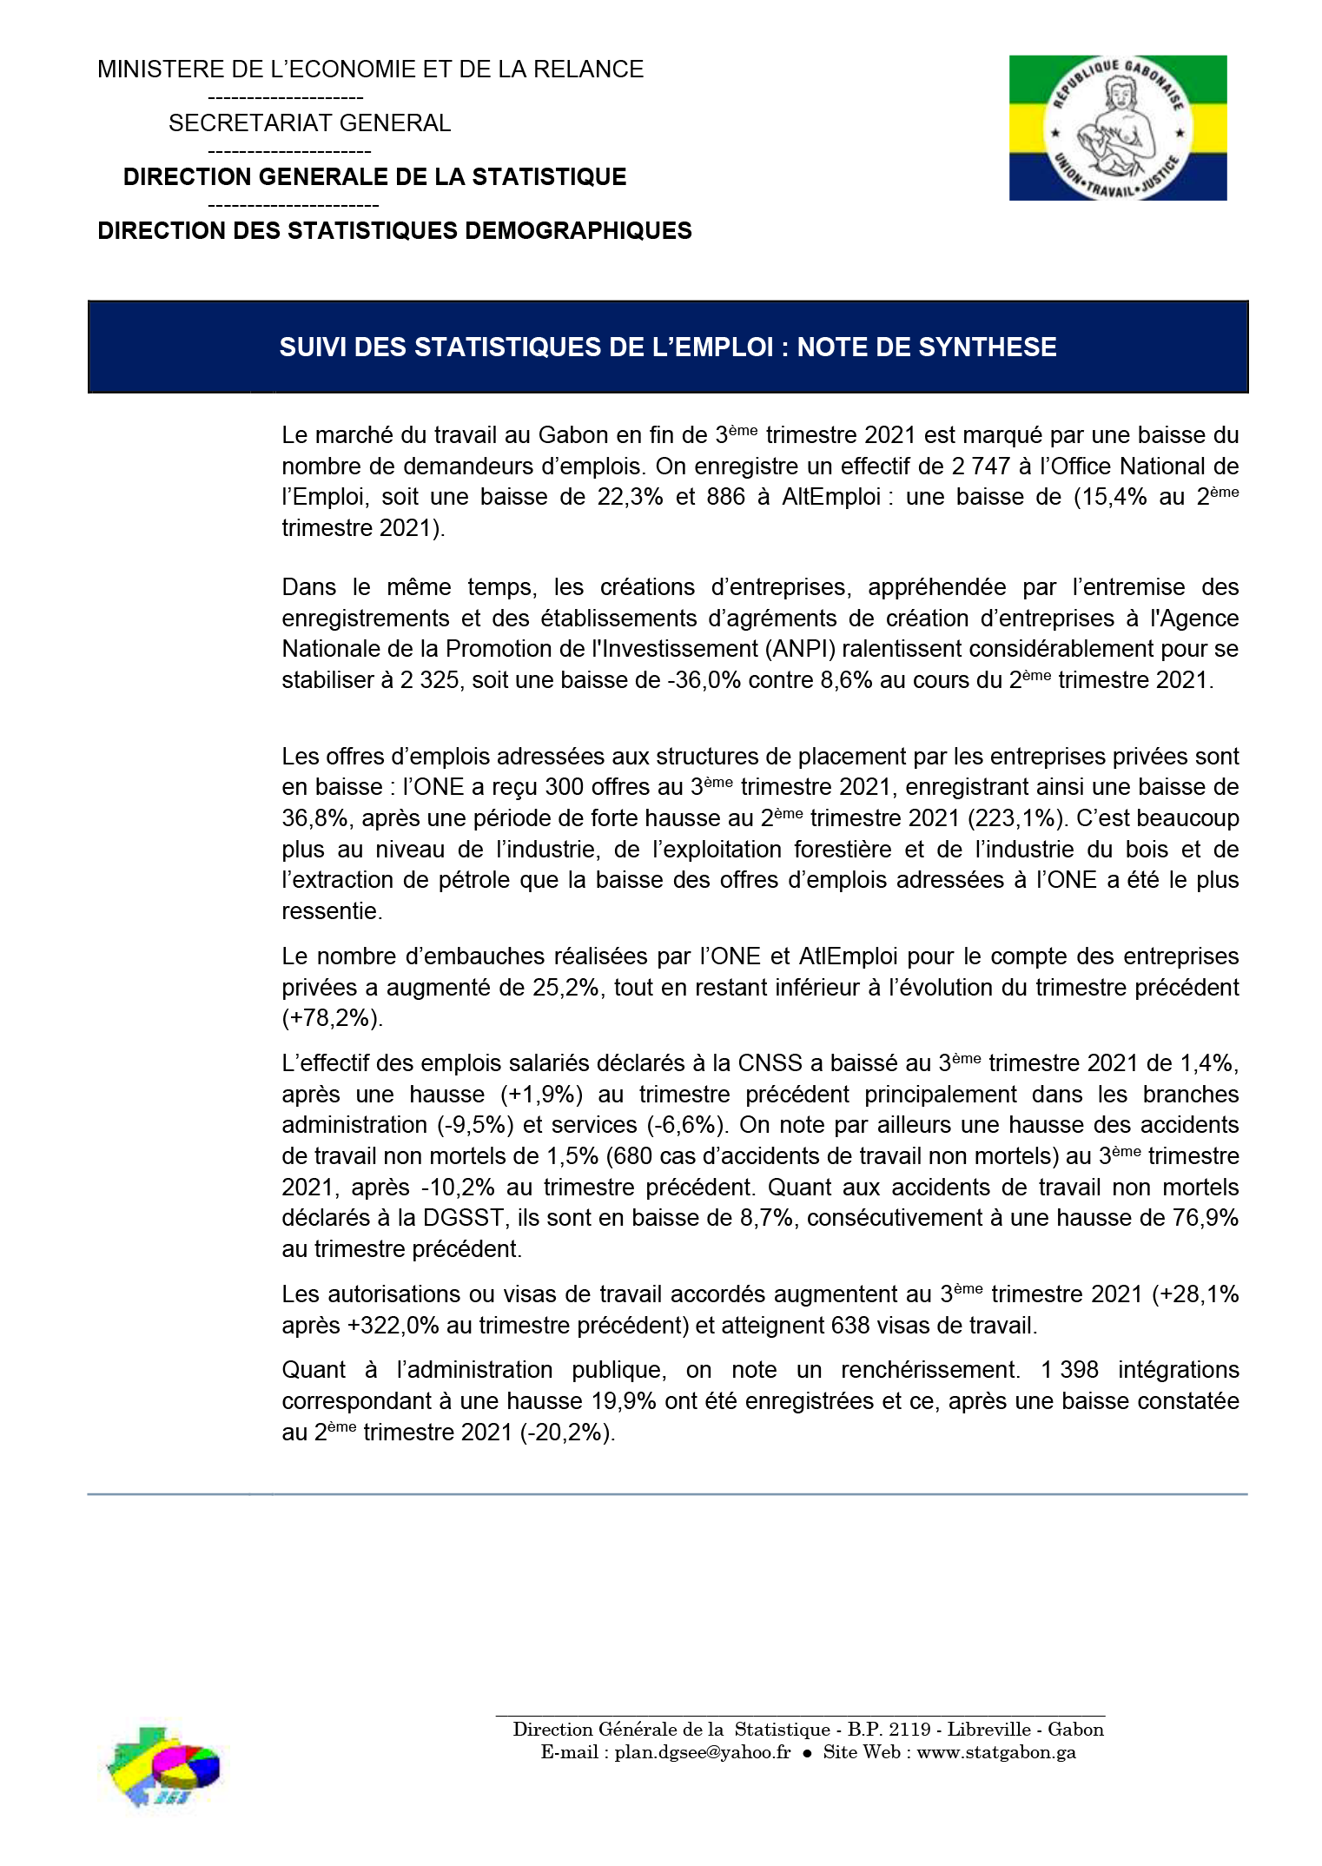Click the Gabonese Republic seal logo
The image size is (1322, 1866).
[x=1117, y=128]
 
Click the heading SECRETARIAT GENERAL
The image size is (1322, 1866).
[x=309, y=123]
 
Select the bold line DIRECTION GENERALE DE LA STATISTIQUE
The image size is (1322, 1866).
[x=374, y=177]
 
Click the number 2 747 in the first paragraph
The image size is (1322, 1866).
[x=980, y=467]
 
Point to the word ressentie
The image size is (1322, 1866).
[x=331, y=911]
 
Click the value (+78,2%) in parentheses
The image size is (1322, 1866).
[x=331, y=1018]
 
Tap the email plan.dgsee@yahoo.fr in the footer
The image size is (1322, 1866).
[x=702, y=1752]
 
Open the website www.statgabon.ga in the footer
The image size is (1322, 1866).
[x=996, y=1752]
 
